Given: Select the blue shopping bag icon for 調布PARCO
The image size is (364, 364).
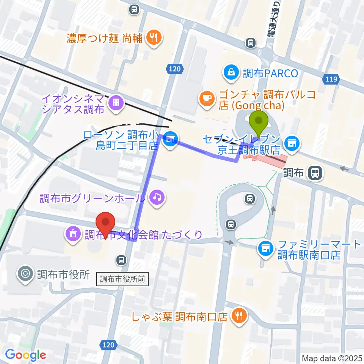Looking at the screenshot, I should click(231, 72).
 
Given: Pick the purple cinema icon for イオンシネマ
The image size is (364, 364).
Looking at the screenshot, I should click(115, 103).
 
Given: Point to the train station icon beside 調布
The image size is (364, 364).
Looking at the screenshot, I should click(315, 173).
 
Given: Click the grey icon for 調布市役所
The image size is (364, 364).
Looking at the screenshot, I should click(26, 274).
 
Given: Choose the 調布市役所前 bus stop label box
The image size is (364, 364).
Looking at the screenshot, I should click(122, 279).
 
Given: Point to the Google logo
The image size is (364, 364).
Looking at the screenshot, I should click(25, 355).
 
